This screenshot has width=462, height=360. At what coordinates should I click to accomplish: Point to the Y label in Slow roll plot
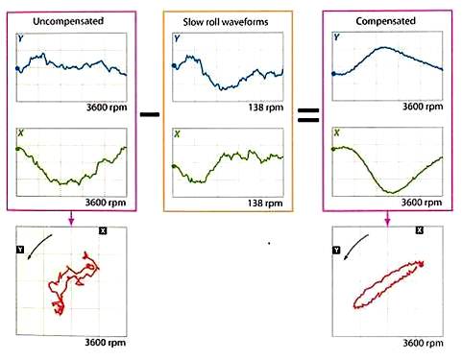coord(178,39)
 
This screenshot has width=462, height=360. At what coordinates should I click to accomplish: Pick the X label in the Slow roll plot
coord(178,134)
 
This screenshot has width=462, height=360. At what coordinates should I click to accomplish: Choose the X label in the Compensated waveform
coord(335,134)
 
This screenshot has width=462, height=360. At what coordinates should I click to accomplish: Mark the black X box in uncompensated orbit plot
coord(103,232)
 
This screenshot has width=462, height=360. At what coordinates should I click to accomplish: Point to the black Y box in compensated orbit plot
coord(335,250)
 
